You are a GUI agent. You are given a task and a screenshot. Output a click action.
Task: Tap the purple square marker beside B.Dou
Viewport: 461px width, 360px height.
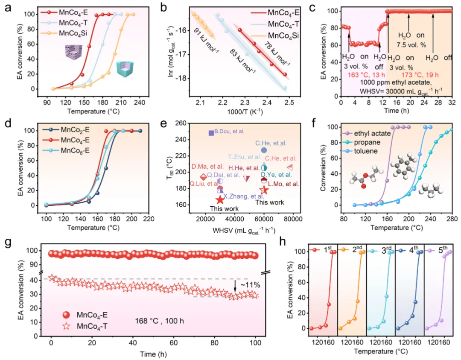(x=211, y=133)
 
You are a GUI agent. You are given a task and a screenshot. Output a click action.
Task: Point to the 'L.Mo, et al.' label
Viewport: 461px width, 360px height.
(x=283, y=184)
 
